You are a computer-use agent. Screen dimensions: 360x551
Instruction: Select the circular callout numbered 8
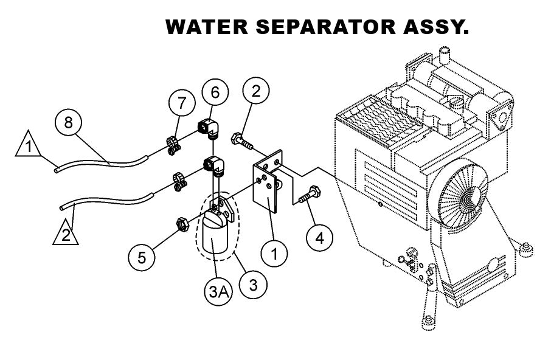[68, 122]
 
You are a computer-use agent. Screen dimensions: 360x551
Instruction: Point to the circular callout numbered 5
[142, 257]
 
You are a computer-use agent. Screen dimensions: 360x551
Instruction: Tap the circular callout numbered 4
[319, 237]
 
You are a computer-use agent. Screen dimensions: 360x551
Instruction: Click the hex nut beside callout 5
[181, 222]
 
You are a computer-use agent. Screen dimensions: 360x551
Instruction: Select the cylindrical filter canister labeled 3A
[213, 239]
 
